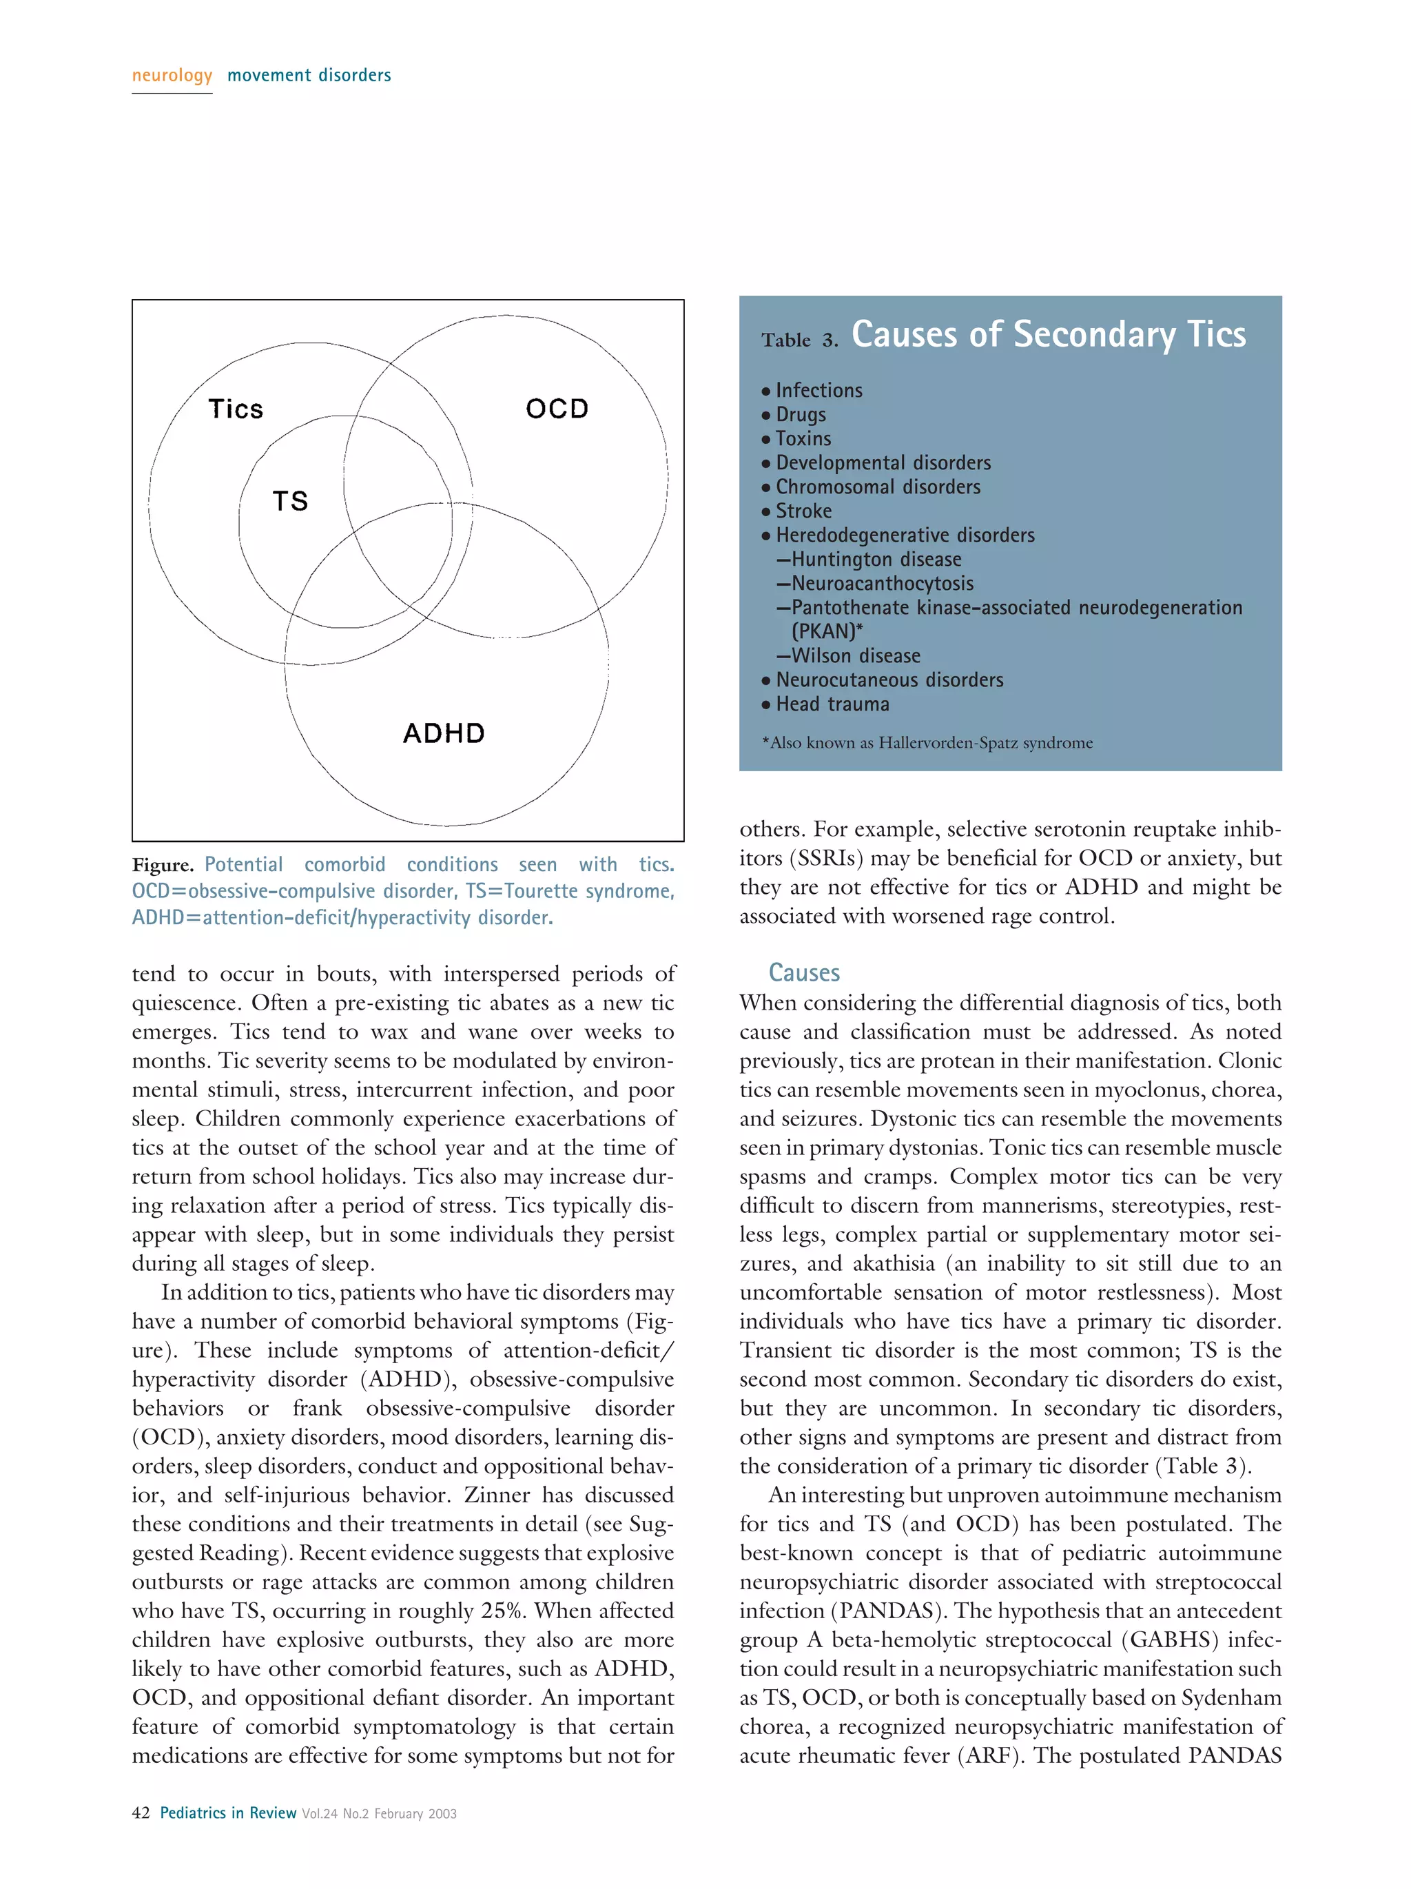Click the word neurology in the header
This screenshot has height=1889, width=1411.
pyautogui.click(x=172, y=75)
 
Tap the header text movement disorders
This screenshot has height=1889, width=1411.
pyautogui.click(x=309, y=75)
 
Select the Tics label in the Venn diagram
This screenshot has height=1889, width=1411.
pyautogui.click(x=236, y=409)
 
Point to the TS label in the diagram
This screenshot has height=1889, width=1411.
pyautogui.click(x=290, y=500)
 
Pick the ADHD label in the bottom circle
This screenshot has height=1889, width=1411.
pyautogui.click(x=444, y=733)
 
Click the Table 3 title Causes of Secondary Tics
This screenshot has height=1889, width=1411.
pyautogui.click(x=1047, y=334)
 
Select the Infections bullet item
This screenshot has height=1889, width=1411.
pyautogui.click(x=818, y=390)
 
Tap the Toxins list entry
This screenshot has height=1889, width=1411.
pyautogui.click(x=803, y=438)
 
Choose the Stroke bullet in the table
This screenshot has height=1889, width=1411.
pyautogui.click(x=803, y=511)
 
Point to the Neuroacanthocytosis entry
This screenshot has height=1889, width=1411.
pyautogui.click(x=881, y=583)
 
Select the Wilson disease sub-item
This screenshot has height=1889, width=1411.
pyautogui.click(x=855, y=656)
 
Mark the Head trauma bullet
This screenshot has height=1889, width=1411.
pyautogui.click(x=832, y=704)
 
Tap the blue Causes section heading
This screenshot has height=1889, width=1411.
pyautogui.click(x=803, y=972)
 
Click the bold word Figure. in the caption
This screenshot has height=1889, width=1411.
pyautogui.click(x=162, y=865)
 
